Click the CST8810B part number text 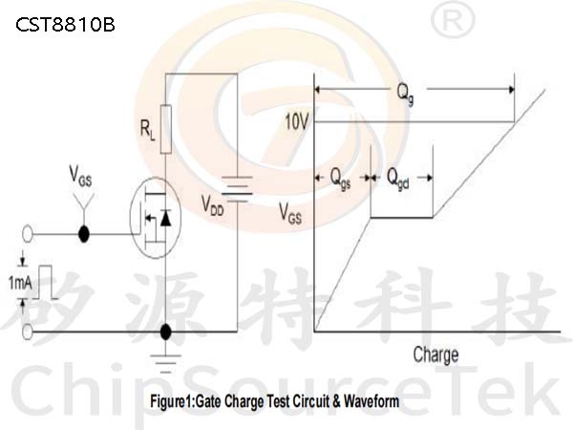pyautogui.click(x=65, y=25)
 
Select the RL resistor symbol pyautogui.click(x=166, y=129)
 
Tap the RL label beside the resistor pyautogui.click(x=148, y=131)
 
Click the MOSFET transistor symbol pyautogui.click(x=156, y=218)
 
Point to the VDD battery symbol pyautogui.click(x=237, y=189)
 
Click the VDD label pyautogui.click(x=213, y=205)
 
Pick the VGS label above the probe pyautogui.click(x=80, y=176)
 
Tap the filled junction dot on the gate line pyautogui.click(x=84, y=234)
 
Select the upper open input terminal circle pyautogui.click(x=28, y=234)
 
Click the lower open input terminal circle pyautogui.click(x=28, y=332)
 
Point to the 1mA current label pyautogui.click(x=20, y=283)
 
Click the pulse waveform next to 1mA pyautogui.click(x=45, y=282)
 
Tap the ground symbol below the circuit pyautogui.click(x=166, y=364)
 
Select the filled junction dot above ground pyautogui.click(x=166, y=332)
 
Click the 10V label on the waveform pyautogui.click(x=297, y=122)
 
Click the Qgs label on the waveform pyautogui.click(x=340, y=179)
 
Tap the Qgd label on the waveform pyautogui.click(x=398, y=179)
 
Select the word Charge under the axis pyautogui.click(x=436, y=355)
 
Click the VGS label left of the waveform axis pyautogui.click(x=290, y=213)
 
